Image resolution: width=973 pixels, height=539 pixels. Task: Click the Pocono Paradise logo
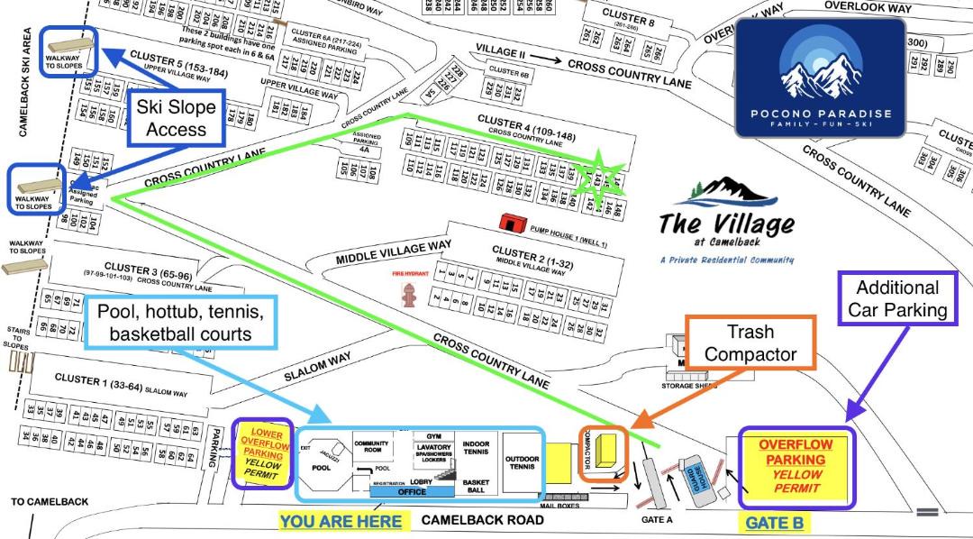click(820, 78)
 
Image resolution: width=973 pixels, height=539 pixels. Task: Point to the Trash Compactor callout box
click(750, 342)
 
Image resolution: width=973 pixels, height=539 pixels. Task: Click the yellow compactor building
click(609, 451)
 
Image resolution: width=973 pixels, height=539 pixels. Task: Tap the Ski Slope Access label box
click(176, 118)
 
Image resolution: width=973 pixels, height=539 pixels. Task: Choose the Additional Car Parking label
click(896, 299)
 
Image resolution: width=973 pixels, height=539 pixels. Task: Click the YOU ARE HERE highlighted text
click(341, 521)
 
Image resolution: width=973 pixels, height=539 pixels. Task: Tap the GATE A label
click(656, 519)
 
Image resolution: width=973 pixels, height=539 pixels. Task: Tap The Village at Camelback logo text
click(725, 223)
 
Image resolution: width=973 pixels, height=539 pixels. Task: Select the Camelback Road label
click(483, 520)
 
